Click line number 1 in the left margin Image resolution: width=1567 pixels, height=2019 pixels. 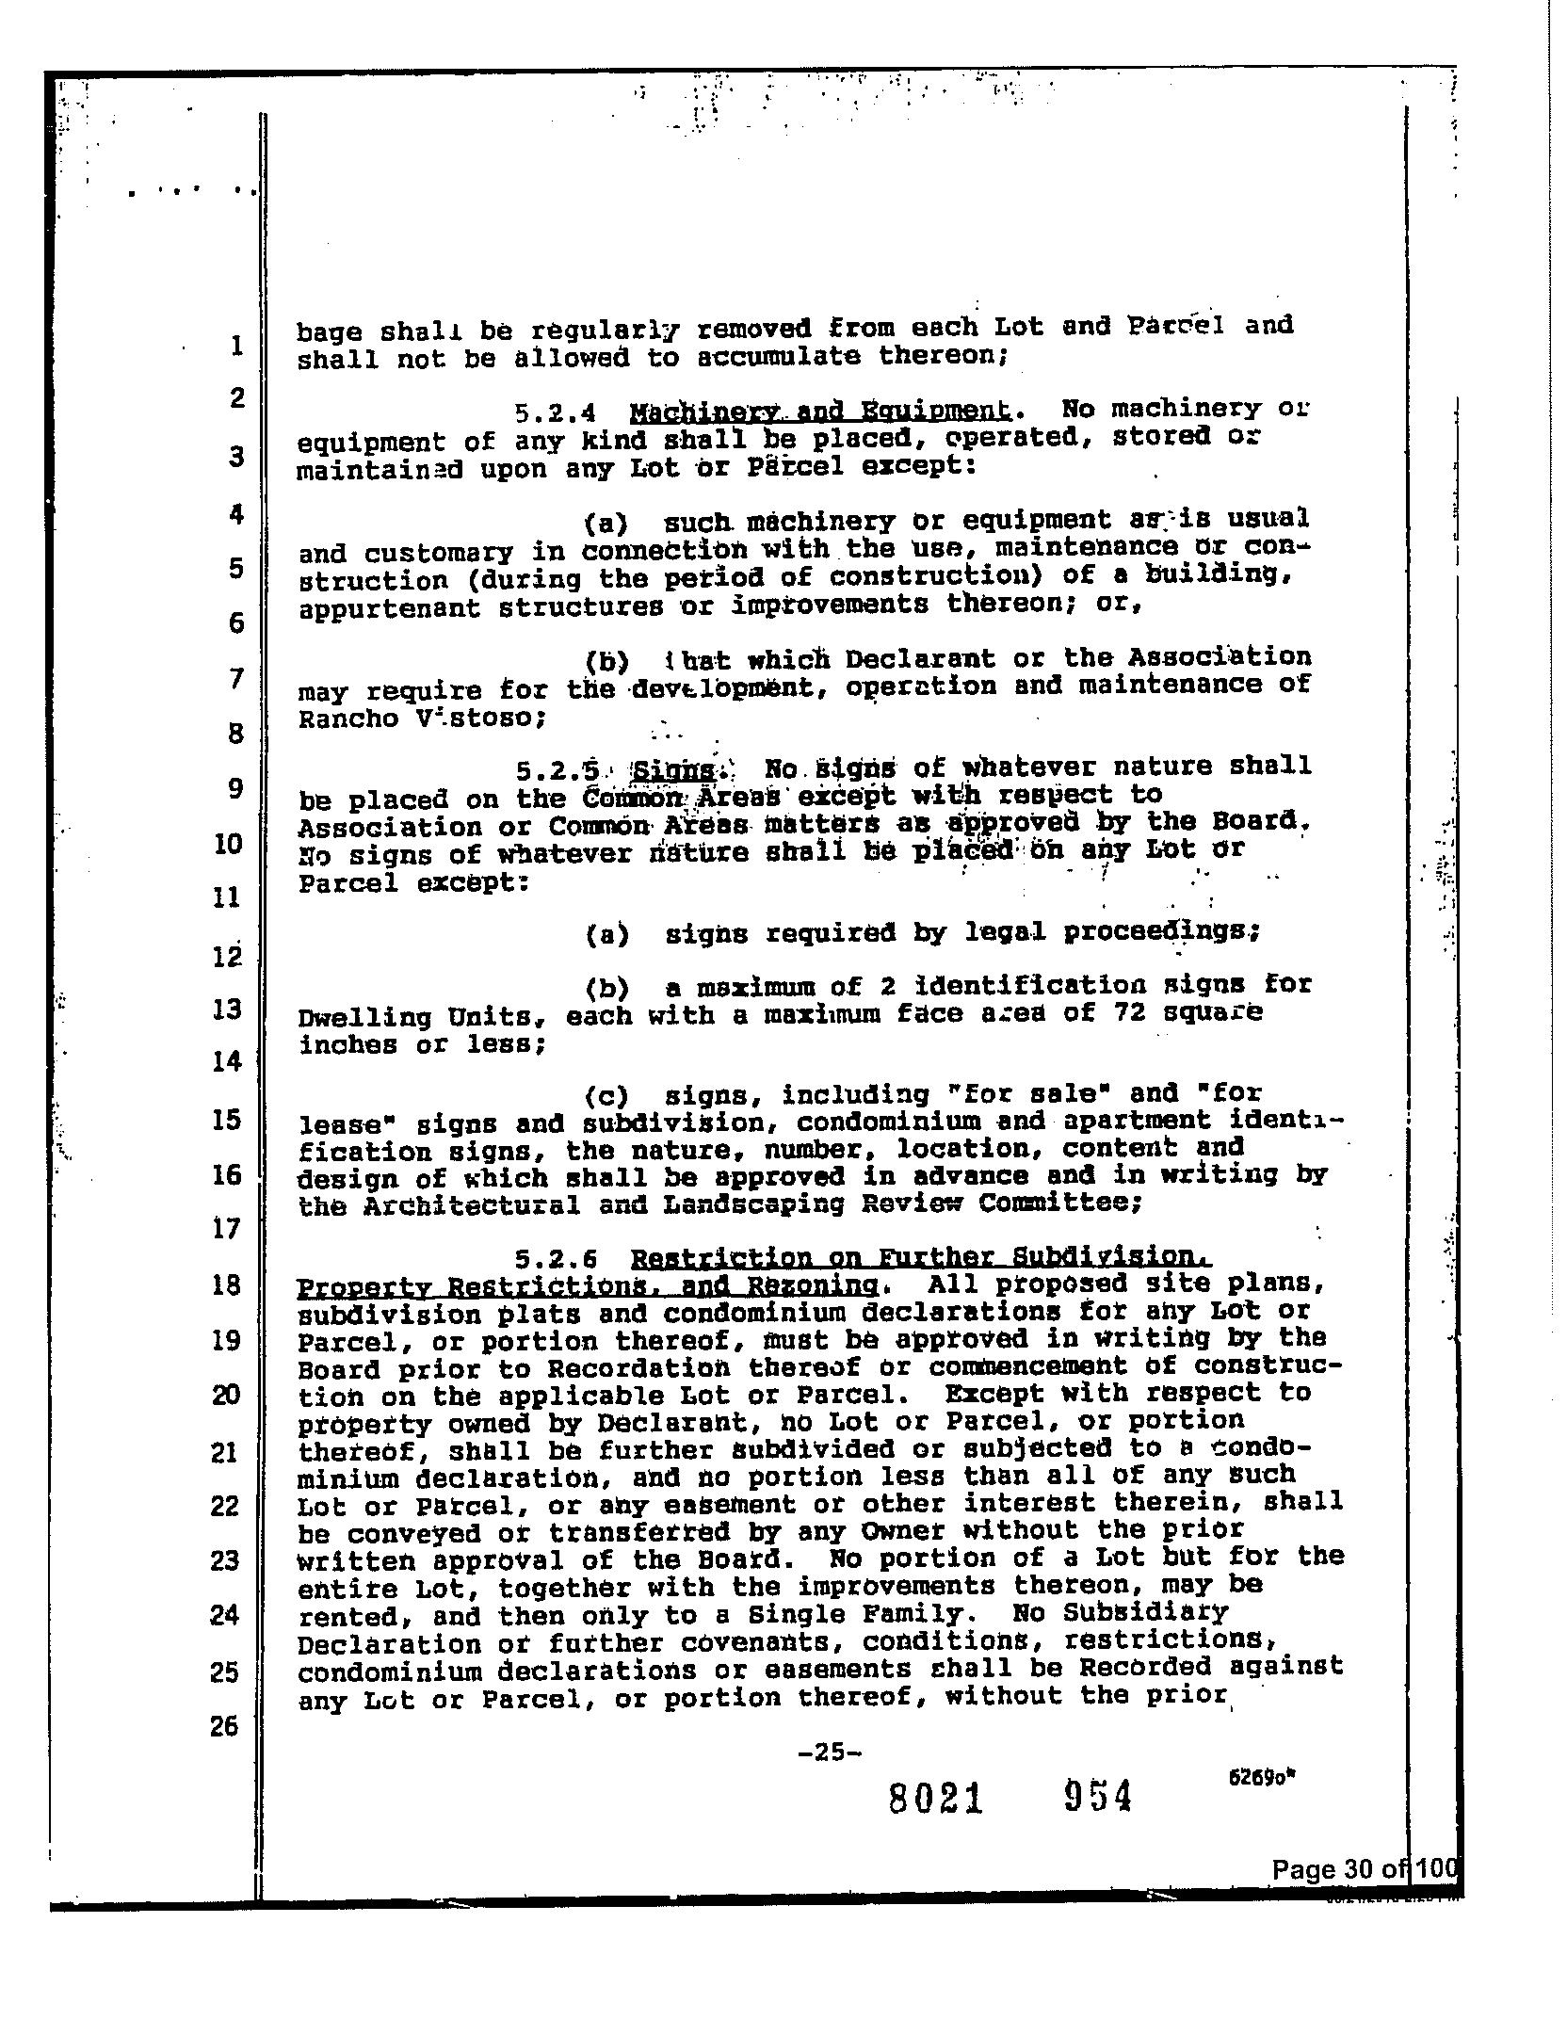point(236,346)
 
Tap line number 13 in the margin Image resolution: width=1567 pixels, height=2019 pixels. point(227,1009)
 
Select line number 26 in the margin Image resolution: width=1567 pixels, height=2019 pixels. point(224,1725)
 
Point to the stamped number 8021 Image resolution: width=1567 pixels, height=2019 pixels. point(936,1800)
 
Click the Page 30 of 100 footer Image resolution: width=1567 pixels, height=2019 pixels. point(1363,1869)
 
